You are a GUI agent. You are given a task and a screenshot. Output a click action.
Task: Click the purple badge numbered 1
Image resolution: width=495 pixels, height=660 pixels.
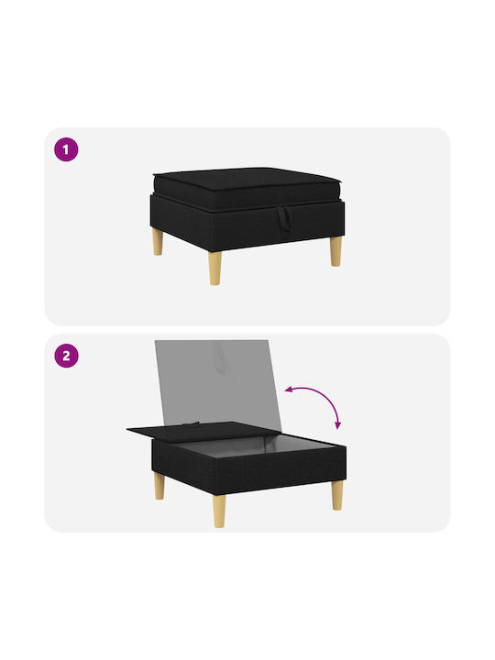[x=66, y=149]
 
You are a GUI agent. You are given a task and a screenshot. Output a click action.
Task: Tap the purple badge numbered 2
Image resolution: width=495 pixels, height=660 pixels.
[x=66, y=356]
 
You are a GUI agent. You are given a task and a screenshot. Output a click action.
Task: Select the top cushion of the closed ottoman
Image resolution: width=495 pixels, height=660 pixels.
[x=247, y=187]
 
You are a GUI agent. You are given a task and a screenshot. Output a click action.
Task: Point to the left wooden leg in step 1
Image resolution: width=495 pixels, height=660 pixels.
[x=158, y=242]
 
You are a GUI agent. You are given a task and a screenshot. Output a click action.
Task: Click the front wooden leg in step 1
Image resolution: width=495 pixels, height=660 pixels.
[x=214, y=268]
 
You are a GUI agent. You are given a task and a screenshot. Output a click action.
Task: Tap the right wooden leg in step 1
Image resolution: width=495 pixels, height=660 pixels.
[x=335, y=251]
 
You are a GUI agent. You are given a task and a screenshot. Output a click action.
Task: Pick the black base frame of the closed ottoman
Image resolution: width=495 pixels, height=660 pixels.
[x=247, y=223]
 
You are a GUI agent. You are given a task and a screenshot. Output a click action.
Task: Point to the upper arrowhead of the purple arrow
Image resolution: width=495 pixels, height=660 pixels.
[x=289, y=390]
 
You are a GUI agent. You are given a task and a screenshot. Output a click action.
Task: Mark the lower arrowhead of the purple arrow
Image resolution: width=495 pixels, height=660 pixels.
[x=337, y=425]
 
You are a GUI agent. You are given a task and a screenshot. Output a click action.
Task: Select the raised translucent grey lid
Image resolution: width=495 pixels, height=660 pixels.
[x=217, y=384]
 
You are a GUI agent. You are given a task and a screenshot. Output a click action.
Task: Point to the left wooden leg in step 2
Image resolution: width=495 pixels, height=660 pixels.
[x=159, y=486]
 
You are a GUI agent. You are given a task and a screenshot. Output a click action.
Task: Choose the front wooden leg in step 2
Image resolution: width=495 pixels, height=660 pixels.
[x=219, y=511]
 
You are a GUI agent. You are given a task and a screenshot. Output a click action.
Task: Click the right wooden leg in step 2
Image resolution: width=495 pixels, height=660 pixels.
[x=337, y=495]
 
